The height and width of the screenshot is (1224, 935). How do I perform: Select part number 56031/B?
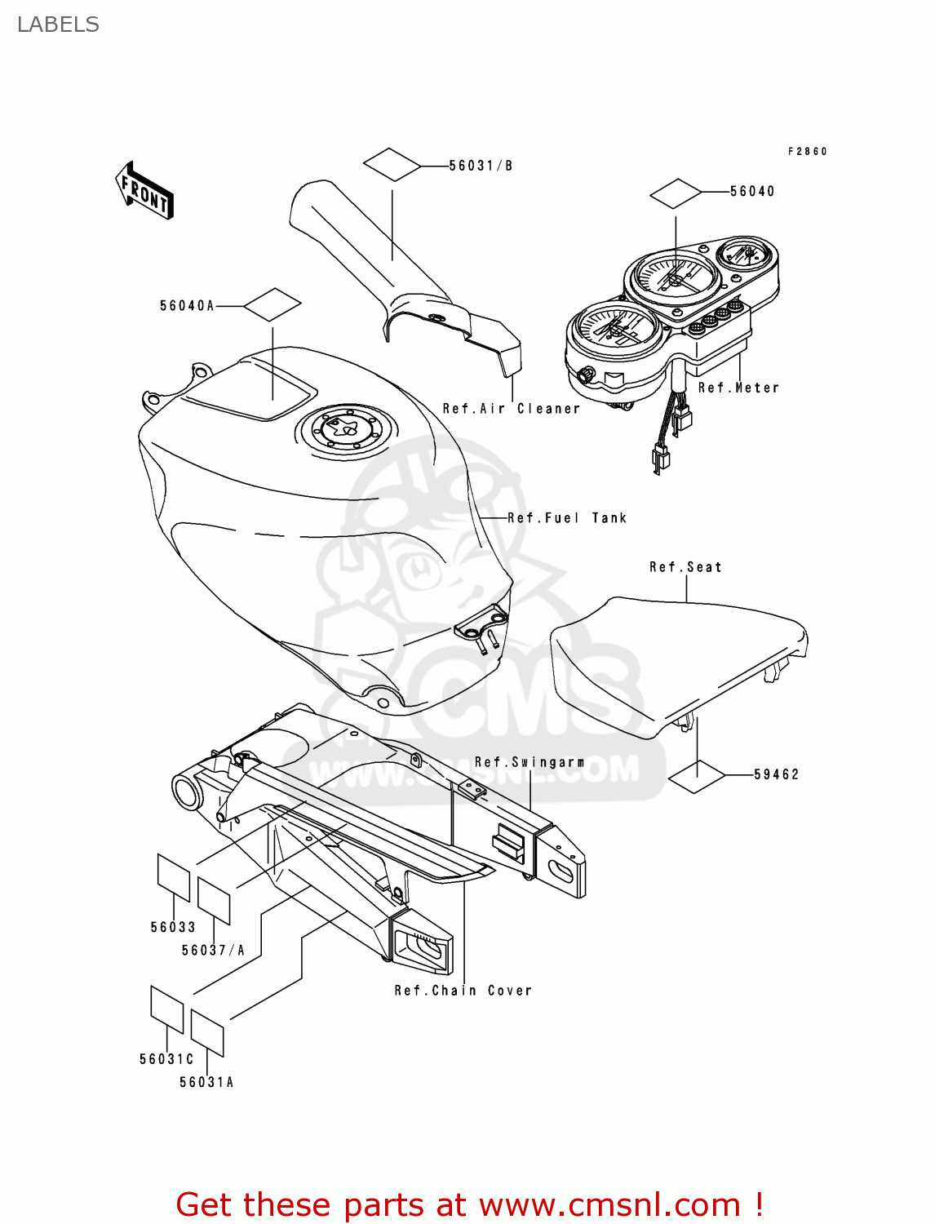[481, 166]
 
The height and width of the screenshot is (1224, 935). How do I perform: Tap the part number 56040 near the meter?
[751, 191]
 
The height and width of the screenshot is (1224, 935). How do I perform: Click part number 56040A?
[187, 306]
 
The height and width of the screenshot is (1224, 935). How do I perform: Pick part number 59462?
[776, 774]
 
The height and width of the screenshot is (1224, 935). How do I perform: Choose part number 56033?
[173, 927]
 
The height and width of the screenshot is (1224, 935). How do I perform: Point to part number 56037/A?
[213, 950]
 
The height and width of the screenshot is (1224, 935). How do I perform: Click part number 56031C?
[166, 1059]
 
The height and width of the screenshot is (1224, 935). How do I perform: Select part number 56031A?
[206, 1082]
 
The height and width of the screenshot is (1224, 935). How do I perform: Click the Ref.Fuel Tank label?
[567, 518]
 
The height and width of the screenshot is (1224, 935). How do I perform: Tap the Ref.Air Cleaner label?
[512, 409]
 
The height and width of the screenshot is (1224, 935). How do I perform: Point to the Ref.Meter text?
[738, 388]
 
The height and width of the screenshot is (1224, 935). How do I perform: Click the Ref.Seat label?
[685, 567]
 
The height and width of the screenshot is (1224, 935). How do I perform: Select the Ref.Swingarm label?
[530, 762]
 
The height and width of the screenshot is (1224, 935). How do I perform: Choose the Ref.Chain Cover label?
[463, 991]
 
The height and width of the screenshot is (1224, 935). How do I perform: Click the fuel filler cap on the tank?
[342, 428]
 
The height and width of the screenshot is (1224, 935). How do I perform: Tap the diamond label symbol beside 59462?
[697, 776]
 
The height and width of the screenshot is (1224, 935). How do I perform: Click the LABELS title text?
[58, 24]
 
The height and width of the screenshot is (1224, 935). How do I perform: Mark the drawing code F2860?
[807, 152]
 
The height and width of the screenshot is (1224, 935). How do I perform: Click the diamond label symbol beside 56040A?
[273, 305]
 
